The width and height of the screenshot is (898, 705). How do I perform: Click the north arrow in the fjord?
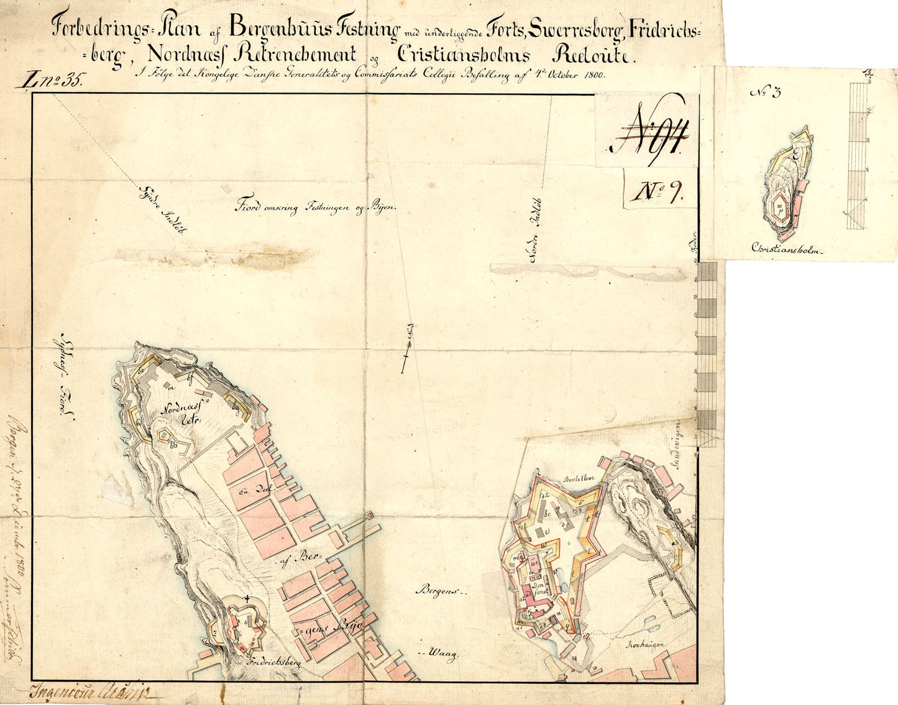coord(406,349)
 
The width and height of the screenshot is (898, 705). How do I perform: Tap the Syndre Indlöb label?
coord(163,211)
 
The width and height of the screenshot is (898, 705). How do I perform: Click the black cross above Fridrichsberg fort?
coord(248,599)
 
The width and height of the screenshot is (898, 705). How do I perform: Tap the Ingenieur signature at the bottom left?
coord(87,690)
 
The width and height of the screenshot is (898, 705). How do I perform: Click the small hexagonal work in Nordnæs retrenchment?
coord(164,435)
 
